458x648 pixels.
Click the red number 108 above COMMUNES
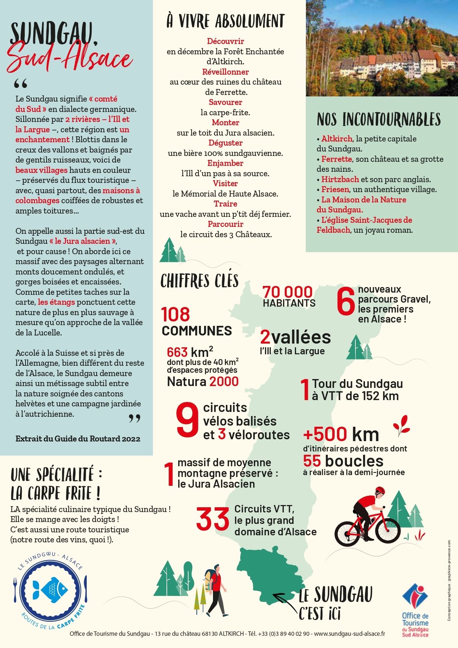175,315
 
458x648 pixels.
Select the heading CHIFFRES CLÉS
199,281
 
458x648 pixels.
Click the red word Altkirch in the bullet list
337,139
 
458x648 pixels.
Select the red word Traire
225,204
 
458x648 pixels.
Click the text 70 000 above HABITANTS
287,292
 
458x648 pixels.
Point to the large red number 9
187,419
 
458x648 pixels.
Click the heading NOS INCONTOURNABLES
379,120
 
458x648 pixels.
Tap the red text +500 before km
325,434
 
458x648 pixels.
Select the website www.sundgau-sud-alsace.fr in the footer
349,634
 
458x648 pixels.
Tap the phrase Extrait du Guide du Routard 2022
78,439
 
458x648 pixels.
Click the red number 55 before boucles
312,461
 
